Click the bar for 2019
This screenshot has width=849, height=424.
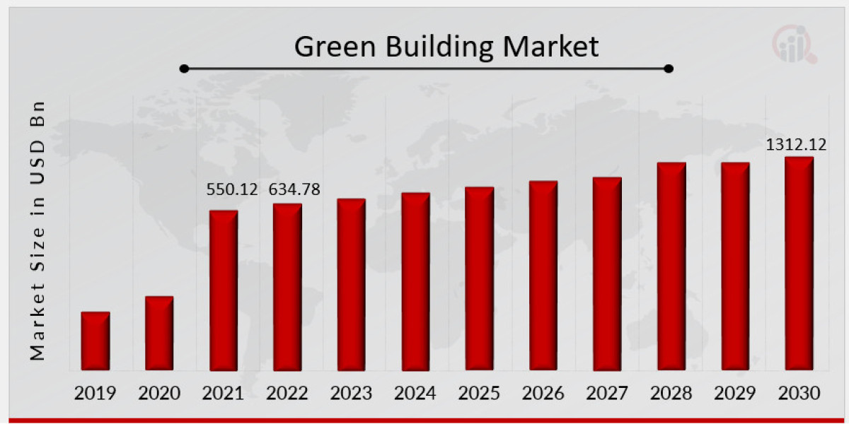pyautogui.click(x=95, y=341)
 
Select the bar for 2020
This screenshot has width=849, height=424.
pyautogui.click(x=159, y=333)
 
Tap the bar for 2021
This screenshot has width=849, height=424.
pyautogui.click(x=224, y=290)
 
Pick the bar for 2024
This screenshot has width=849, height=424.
pyautogui.click(x=415, y=281)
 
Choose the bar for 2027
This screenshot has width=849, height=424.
pyautogui.click(x=607, y=273)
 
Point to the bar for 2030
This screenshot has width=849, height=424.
pyautogui.click(x=799, y=263)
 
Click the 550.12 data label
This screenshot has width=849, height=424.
pyautogui.click(x=232, y=189)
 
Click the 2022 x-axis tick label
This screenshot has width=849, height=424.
pyautogui.click(x=287, y=393)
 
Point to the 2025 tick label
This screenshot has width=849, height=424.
pyautogui.click(x=479, y=393)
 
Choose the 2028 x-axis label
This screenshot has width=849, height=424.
pyautogui.click(x=671, y=393)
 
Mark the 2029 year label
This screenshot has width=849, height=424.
pyautogui.click(x=735, y=393)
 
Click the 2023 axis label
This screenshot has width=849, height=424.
pyautogui.click(x=351, y=393)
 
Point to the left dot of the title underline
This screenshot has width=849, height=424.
pyautogui.click(x=184, y=69)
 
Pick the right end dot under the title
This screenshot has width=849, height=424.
pyautogui.click(x=669, y=69)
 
